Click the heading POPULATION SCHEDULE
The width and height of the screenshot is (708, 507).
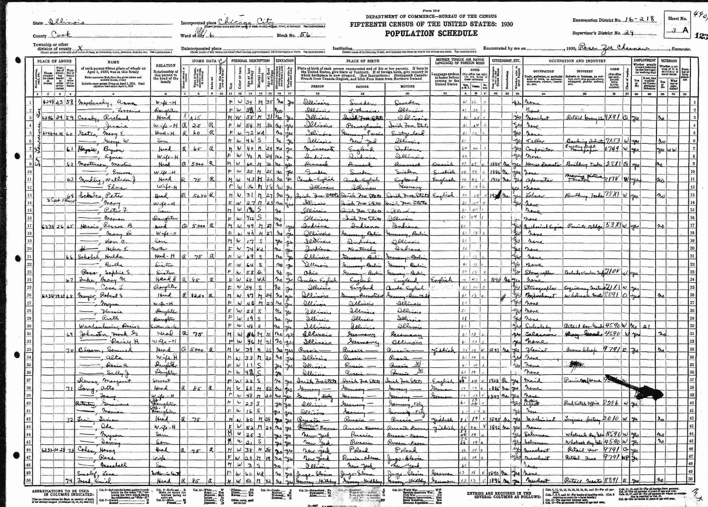tap(431, 33)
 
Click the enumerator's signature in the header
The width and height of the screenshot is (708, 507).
tap(612, 48)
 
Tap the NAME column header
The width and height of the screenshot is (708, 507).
tap(113, 62)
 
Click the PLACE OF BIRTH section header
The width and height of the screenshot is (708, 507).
tap(362, 61)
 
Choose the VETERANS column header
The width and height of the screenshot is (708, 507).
tap(668, 61)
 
